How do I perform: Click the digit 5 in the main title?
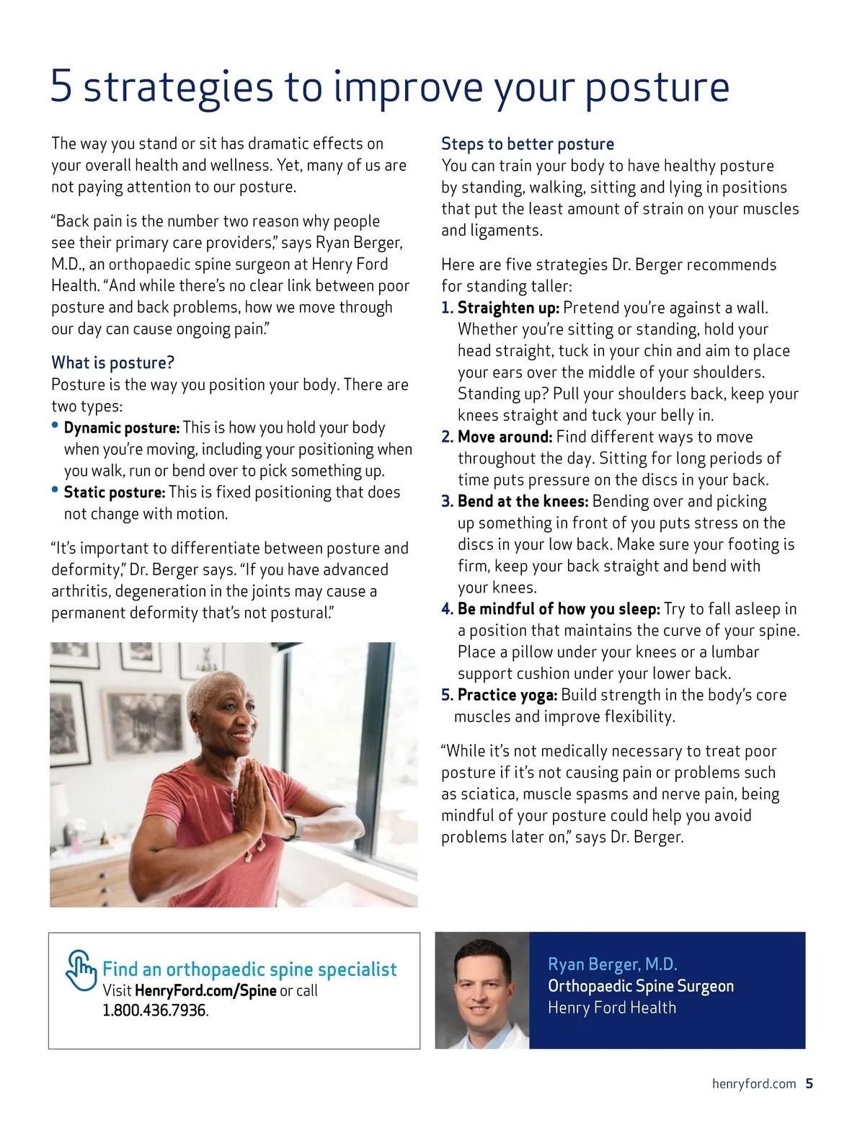61,86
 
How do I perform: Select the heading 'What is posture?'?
112,363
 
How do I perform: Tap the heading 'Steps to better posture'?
527,144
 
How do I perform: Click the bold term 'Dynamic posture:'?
121,428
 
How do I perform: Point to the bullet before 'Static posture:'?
55,490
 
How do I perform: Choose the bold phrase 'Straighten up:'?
508,308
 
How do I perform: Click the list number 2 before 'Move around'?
446,438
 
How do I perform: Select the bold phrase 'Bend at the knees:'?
523,502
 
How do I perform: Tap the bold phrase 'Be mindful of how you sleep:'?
559,609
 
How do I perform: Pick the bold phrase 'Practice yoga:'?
507,696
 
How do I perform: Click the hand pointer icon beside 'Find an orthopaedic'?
81,971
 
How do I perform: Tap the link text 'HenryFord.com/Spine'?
205,991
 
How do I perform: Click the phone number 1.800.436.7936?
154,1011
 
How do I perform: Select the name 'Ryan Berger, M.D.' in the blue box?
612,964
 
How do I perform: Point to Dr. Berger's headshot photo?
482,990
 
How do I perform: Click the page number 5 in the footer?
809,1084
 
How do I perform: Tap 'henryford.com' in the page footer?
753,1084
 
